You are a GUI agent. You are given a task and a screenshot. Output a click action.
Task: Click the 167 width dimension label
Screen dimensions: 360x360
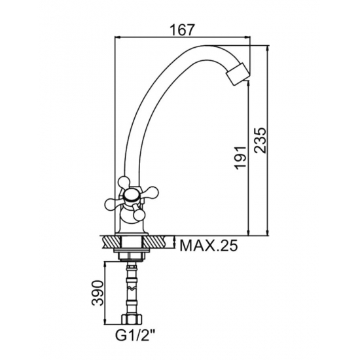pyautogui.click(x=183, y=30)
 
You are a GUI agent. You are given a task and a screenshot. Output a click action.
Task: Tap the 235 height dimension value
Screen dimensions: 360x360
pyautogui.click(x=261, y=140)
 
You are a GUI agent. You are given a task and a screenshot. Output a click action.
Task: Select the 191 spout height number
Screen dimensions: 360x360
pyautogui.click(x=242, y=158)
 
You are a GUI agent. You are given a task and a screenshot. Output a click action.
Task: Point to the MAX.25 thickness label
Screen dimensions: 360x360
pyautogui.click(x=208, y=245)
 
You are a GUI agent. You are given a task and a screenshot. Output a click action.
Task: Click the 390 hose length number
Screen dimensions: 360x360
pyautogui.click(x=98, y=293)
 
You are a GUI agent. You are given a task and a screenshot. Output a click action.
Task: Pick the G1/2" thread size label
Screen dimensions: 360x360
pyautogui.click(x=135, y=336)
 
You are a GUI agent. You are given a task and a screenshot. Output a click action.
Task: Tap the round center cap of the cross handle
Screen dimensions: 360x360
pyautogui.click(x=131, y=196)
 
